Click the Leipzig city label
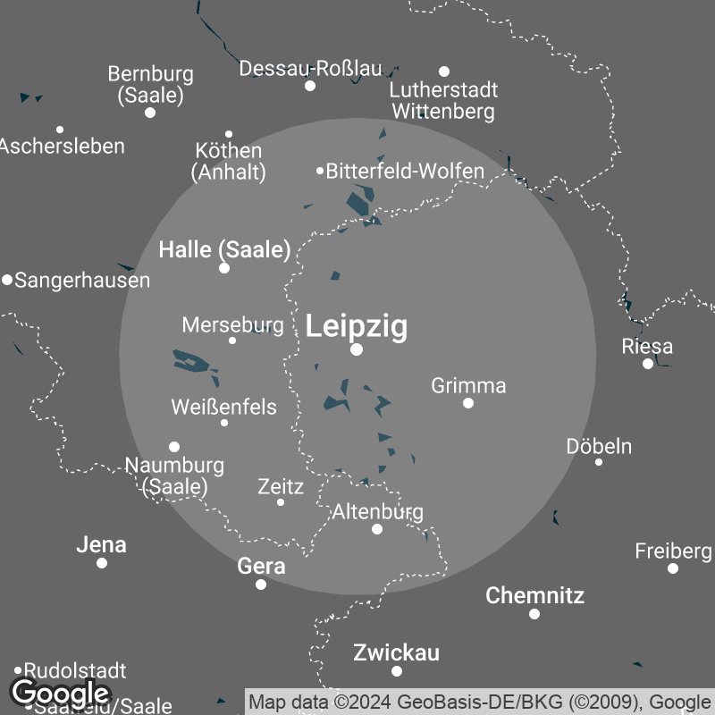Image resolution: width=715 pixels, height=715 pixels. click(x=357, y=326)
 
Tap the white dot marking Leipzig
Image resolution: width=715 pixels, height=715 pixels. click(x=357, y=349)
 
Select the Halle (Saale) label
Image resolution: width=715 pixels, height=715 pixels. click(x=224, y=249)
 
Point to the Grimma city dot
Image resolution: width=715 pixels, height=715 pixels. click(x=468, y=403)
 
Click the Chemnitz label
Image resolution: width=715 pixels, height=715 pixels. click(x=534, y=595)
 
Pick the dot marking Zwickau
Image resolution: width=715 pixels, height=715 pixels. click(x=397, y=671)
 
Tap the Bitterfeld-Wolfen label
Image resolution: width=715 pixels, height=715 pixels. click(x=405, y=171)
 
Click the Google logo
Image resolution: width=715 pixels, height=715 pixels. click(x=60, y=693)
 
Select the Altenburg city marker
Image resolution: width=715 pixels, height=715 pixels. click(x=377, y=529)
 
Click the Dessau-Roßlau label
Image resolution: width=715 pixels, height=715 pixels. click(x=310, y=69)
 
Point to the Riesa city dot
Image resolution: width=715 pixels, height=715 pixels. click(x=648, y=364)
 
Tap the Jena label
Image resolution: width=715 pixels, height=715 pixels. click(x=101, y=544)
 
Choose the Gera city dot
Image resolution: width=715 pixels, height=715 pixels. click(x=261, y=585)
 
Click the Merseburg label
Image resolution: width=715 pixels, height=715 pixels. click(x=232, y=324)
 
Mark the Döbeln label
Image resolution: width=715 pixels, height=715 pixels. click(x=599, y=446)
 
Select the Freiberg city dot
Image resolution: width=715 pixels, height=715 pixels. click(x=673, y=568)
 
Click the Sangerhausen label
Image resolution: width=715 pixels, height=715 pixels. click(x=82, y=280)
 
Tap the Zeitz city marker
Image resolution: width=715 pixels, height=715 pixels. click(x=281, y=502)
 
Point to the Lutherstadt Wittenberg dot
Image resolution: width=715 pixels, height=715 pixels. click(x=444, y=71)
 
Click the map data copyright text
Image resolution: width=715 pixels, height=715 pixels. click(x=479, y=701)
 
